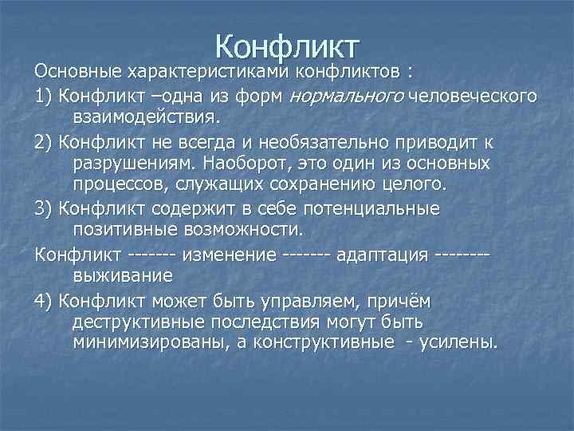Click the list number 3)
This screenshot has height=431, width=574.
pos(45,209)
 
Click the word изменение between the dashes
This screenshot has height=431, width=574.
pos(230,255)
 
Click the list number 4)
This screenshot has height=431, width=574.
pos(45,300)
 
